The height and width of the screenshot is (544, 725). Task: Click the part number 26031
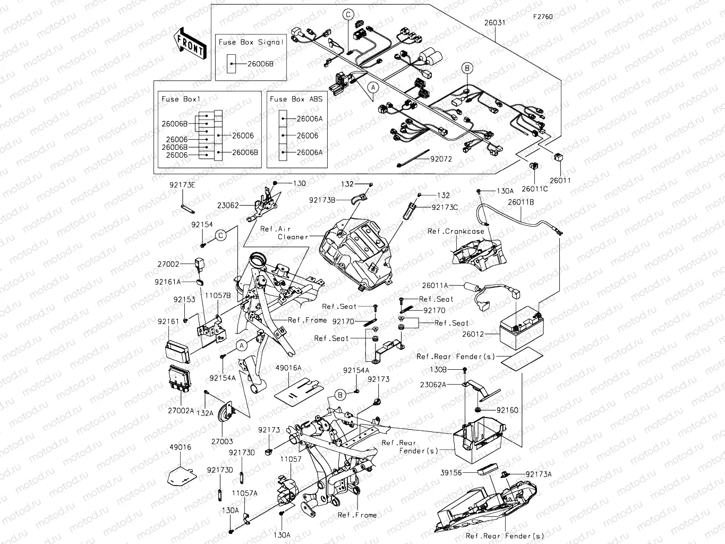494,23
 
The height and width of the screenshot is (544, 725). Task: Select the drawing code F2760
543,16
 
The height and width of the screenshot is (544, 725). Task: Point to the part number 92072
441,158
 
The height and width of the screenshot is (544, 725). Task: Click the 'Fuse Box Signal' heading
251,42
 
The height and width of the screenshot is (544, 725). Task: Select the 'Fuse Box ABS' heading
296,99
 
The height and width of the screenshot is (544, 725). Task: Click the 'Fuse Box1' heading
181,99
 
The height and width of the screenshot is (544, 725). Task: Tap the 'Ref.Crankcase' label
456,231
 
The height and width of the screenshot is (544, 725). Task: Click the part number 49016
180,447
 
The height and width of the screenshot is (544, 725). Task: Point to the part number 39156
451,472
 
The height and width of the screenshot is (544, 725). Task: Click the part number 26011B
521,202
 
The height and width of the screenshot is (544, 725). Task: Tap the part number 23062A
433,384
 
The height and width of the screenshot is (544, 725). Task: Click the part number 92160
507,410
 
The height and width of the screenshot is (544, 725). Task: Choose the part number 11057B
218,294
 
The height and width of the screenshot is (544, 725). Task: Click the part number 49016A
288,368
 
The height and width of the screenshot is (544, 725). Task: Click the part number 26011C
534,189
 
